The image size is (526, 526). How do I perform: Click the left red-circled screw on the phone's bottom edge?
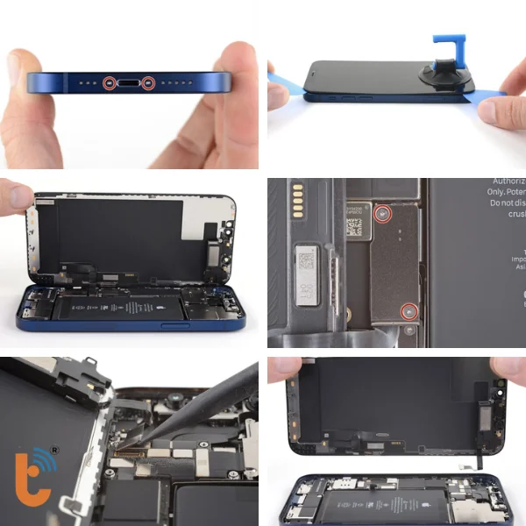coord(108,83)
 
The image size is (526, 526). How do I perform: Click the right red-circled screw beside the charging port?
coord(148,83)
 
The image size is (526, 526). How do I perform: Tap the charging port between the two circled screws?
coord(128,83)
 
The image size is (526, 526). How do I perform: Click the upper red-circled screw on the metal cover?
coord(382,214)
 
